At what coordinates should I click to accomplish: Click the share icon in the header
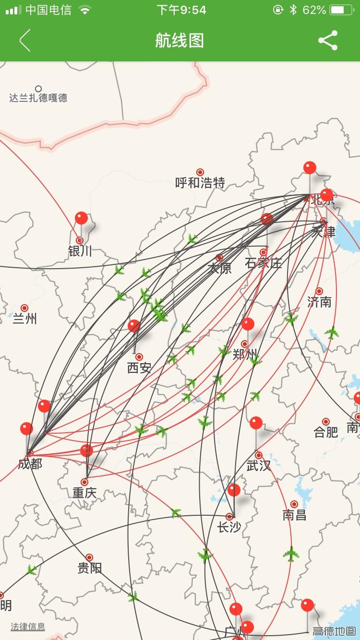pos(328,40)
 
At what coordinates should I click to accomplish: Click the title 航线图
pos(180,40)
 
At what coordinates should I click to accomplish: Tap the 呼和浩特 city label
pos(200,183)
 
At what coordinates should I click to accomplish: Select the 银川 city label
pos(80,251)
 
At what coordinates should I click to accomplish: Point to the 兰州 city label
pos(24,319)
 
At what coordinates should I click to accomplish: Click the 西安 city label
pos(139,368)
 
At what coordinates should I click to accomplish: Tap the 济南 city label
pos(319,302)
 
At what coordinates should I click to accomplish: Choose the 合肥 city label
pos(326,432)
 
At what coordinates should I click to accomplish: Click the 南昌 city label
pos(294,515)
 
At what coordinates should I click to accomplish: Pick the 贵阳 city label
pos(89,569)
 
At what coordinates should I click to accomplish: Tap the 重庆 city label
pos(84,493)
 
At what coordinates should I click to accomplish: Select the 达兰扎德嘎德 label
pos(38,98)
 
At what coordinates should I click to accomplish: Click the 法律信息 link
pos(28,627)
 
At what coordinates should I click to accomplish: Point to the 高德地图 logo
pos(335,631)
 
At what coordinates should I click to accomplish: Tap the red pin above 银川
pos(81,218)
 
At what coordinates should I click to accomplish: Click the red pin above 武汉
pos(256,423)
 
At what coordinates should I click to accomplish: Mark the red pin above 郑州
pos(248,324)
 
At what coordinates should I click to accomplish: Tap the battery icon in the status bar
pos(341,10)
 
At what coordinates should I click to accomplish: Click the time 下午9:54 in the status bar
pos(181,10)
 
